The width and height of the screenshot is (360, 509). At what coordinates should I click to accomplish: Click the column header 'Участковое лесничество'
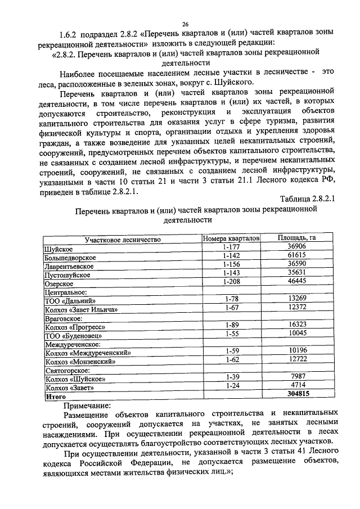click(123, 239)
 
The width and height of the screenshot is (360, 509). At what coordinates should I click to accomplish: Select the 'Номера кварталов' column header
click(231, 238)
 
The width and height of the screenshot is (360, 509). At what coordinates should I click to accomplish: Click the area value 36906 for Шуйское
click(296, 247)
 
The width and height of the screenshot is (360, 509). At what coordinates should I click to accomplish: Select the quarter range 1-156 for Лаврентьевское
click(231, 264)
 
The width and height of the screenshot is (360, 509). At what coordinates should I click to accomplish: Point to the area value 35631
click(296, 273)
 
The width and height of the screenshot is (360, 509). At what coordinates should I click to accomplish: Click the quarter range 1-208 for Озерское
click(231, 282)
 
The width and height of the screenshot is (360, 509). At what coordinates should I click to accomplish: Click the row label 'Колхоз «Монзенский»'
click(80, 361)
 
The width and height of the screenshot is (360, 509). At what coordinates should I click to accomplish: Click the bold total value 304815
click(296, 394)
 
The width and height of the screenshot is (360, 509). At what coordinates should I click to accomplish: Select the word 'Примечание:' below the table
click(87, 404)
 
